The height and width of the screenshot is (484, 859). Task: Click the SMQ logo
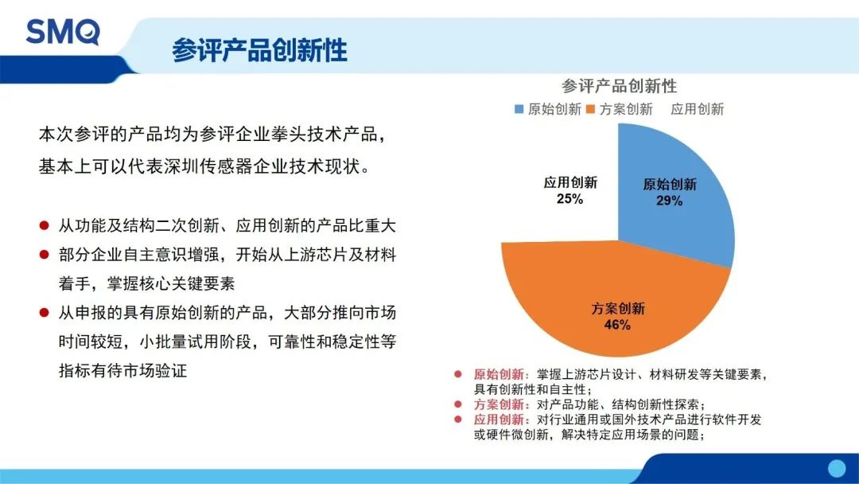[x=63, y=32]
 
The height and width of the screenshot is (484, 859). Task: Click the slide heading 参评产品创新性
[x=259, y=50]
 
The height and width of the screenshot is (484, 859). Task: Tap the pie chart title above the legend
[x=619, y=86]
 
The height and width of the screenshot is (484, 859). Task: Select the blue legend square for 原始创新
[x=519, y=109]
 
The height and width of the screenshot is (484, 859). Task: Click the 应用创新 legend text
[x=697, y=109]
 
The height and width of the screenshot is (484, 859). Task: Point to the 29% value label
[x=669, y=201]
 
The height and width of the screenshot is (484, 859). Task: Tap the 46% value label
[x=617, y=325]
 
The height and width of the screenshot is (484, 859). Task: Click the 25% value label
[x=569, y=199]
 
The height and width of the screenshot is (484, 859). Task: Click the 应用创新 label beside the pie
[x=569, y=182]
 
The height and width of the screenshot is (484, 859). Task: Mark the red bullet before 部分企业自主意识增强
[x=45, y=255]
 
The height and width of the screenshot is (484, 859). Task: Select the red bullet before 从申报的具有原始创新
[x=45, y=313]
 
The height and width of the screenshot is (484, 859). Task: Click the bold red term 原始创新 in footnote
[x=498, y=374]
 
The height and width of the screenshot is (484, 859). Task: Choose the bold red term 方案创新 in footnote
[x=498, y=404]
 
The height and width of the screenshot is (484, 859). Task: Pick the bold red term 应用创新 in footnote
[x=498, y=420]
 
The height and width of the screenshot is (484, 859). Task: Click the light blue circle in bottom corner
[x=836, y=468]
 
